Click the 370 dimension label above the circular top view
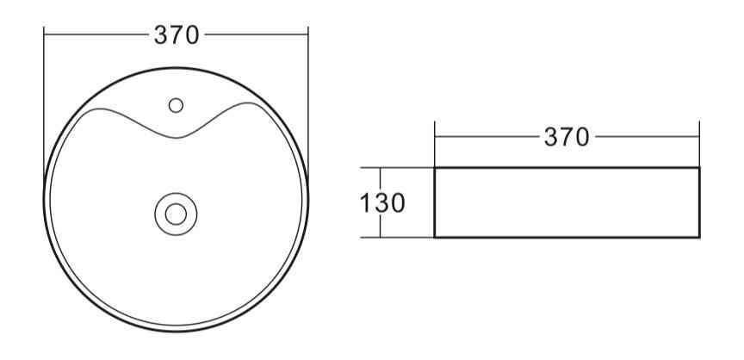177,35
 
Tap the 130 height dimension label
381,204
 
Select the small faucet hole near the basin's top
177,105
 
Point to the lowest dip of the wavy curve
178,137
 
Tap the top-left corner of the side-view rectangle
435,168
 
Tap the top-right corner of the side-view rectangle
698,168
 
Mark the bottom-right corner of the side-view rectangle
698,236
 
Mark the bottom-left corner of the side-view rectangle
435,236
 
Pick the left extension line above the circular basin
44,103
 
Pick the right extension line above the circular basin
308,103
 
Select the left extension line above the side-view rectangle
435,142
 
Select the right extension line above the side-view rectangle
698,142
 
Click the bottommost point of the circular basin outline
177,332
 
